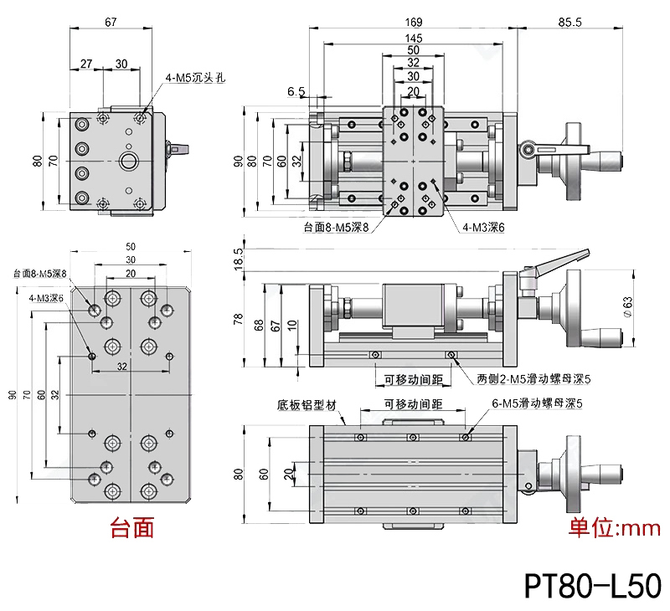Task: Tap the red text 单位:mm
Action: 615,528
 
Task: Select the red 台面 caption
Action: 132,528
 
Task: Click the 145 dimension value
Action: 413,39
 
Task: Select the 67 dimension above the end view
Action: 111,22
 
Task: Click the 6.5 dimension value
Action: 296,91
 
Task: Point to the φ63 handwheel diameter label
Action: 639,307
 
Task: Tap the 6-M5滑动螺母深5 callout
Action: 536,403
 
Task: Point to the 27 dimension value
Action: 87,64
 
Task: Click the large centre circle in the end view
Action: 131,160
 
